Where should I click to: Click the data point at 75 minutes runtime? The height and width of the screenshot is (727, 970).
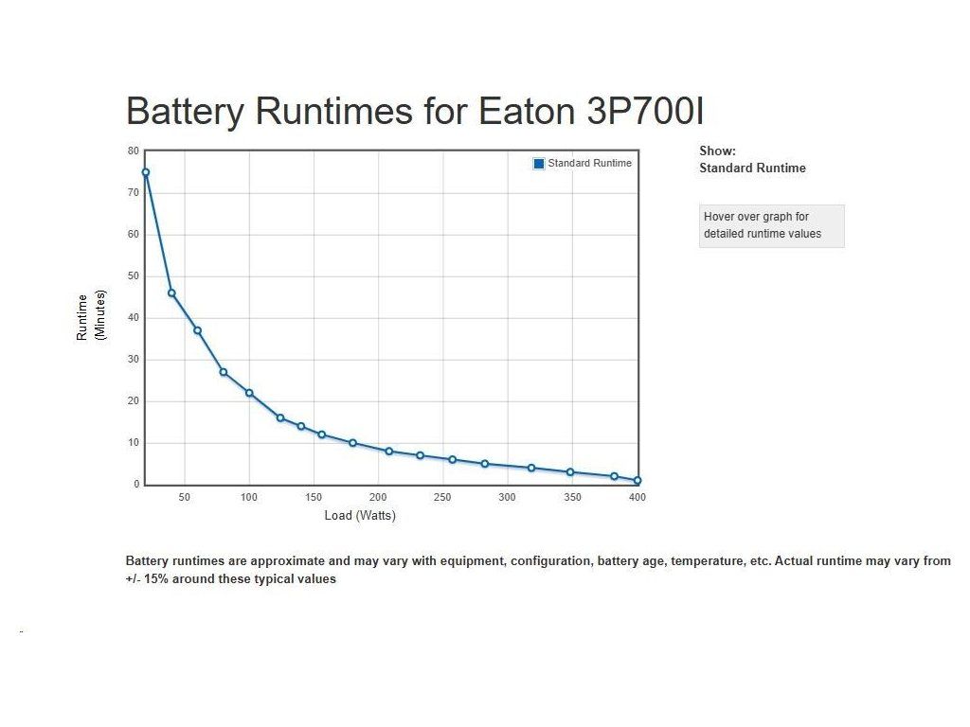(x=146, y=172)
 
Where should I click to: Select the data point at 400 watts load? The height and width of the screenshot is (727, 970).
(x=638, y=480)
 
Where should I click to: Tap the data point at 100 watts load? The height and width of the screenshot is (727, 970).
(x=249, y=393)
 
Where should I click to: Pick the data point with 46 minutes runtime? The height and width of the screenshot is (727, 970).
(x=171, y=293)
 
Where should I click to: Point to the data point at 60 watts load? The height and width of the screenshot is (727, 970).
(x=197, y=330)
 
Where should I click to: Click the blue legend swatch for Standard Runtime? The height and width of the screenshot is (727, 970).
(x=539, y=163)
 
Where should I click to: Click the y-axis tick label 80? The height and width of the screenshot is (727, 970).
(x=133, y=151)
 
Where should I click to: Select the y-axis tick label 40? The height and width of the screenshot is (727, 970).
(x=133, y=318)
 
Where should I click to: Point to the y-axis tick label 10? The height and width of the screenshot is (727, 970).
(x=133, y=443)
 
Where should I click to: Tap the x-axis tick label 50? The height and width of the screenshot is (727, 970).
(x=185, y=497)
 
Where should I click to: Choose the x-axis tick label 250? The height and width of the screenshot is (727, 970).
(x=443, y=497)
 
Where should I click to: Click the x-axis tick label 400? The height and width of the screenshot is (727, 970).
(x=638, y=497)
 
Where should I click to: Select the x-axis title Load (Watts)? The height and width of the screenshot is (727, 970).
(x=360, y=516)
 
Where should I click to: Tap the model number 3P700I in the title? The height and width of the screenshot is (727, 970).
(x=645, y=112)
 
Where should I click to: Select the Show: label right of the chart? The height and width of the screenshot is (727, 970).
(x=717, y=151)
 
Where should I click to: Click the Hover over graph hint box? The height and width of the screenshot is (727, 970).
(x=771, y=225)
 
